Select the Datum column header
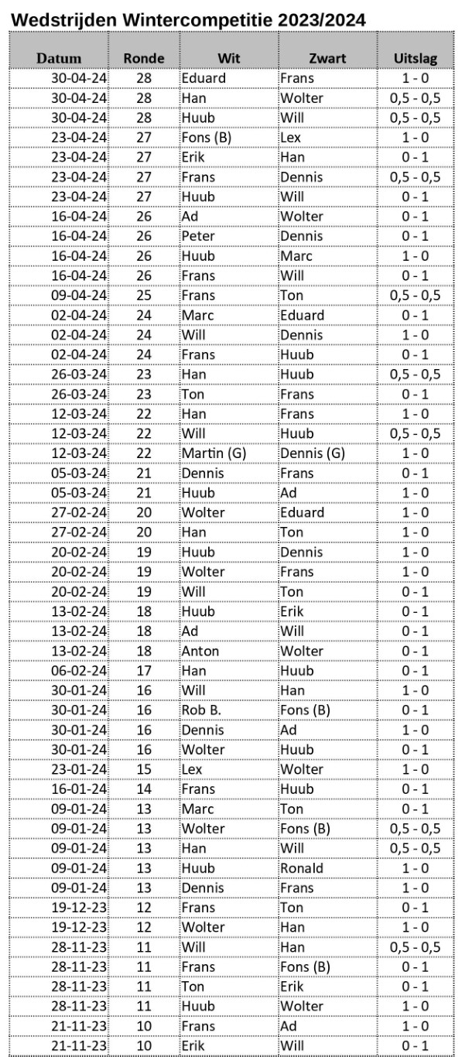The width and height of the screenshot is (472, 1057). pyautogui.click(x=59, y=58)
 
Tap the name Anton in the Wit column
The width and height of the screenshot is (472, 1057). pyautogui.click(x=200, y=651)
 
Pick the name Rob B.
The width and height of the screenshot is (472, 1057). pyautogui.click(x=201, y=710)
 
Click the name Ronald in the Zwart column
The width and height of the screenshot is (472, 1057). pyautogui.click(x=302, y=867)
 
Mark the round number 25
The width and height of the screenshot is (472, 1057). pyautogui.click(x=144, y=296)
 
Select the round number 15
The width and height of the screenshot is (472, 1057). pyautogui.click(x=144, y=769)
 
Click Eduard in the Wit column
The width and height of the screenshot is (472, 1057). pyautogui.click(x=204, y=78)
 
